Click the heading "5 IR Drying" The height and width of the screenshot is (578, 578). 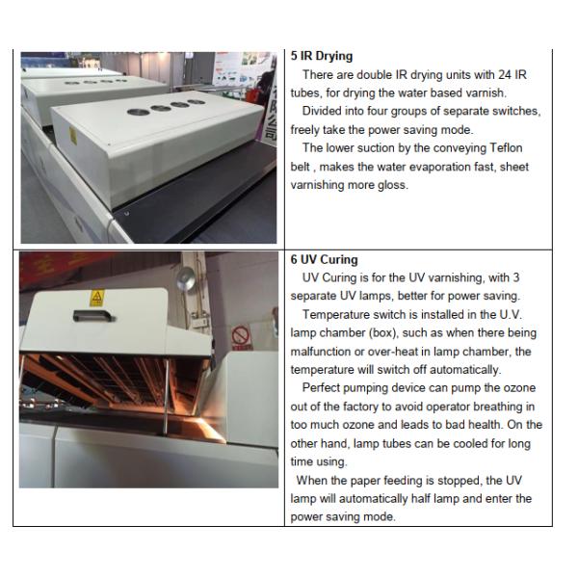point(322,56)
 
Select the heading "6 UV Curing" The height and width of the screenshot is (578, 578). point(324,259)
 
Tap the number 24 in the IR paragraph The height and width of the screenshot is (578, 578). point(504,75)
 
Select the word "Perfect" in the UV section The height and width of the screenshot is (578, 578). point(321,388)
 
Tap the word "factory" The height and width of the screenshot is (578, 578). point(359,407)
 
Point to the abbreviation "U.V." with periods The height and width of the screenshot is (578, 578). point(511,315)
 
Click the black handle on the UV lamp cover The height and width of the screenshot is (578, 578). point(93,316)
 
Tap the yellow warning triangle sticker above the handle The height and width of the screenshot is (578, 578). point(97,298)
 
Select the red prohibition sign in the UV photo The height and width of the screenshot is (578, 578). point(241,335)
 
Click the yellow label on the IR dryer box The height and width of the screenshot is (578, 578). point(73,136)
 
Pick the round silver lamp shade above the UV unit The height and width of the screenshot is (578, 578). point(186,278)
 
